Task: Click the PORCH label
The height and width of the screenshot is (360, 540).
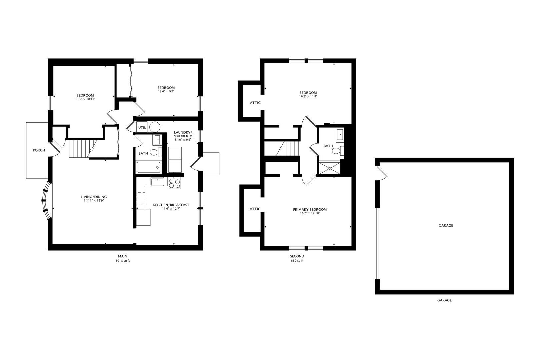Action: (39, 150)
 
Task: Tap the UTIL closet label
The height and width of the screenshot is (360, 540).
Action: (142, 127)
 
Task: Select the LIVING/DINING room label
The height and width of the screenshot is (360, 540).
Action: (94, 197)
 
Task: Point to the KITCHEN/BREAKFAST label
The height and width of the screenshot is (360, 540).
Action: (171, 205)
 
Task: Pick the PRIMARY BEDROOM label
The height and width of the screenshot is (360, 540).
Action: (310, 209)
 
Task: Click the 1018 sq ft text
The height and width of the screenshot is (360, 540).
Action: (122, 261)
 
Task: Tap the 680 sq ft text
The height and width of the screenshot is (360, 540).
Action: (297, 261)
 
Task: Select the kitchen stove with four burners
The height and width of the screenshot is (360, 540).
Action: (174, 184)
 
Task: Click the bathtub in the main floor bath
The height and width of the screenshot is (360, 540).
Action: (149, 167)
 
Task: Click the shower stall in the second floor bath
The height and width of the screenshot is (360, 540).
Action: (330, 168)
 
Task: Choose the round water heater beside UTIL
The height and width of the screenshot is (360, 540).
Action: (154, 127)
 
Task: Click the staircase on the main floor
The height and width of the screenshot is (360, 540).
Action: (79, 149)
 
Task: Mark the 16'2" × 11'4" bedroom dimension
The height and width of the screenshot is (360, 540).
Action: (308, 97)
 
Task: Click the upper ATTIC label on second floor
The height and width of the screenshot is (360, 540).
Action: (255, 103)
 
